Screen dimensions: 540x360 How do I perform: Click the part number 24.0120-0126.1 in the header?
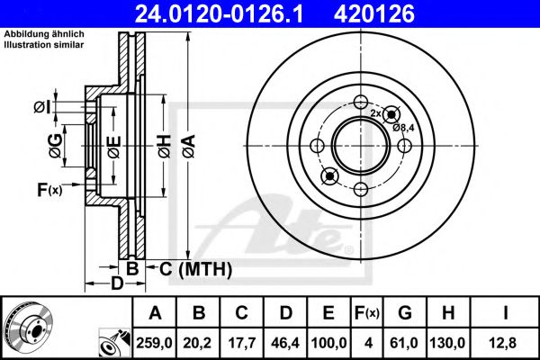(219, 14)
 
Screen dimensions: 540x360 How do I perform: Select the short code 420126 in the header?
(374, 14)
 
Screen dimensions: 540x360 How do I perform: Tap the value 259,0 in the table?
(154, 343)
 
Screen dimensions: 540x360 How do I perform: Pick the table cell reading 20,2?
(198, 343)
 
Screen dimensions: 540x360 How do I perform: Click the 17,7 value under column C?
(242, 343)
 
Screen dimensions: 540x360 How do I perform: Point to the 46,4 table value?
(285, 343)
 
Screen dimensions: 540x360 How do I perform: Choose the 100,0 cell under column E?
(328, 343)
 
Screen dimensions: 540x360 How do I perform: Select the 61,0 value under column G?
(404, 343)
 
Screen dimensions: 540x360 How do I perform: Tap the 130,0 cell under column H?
(447, 343)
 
